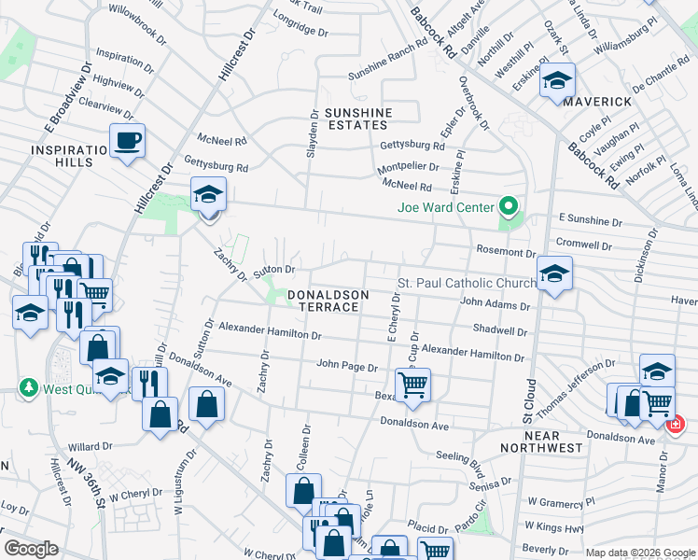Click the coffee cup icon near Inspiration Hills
[128, 141]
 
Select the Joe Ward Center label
[445, 207]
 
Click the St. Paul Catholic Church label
[467, 283]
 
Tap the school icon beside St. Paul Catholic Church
[554, 274]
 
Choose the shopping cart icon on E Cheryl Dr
[412, 384]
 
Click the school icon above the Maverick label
[558, 82]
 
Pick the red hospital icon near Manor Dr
[675, 424]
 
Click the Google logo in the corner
[32, 549]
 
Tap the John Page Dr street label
[346, 366]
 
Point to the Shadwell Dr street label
[501, 329]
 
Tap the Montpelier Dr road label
[407, 165]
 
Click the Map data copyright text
[640, 553]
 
